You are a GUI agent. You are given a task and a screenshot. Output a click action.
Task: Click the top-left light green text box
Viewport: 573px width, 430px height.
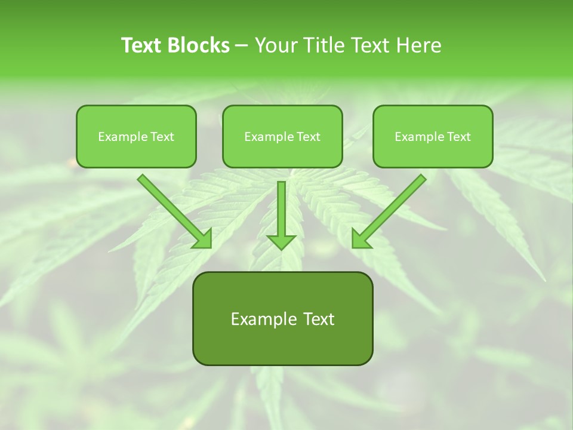click(136, 152)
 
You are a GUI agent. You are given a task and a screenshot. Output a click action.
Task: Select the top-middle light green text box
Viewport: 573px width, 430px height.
click(282, 152)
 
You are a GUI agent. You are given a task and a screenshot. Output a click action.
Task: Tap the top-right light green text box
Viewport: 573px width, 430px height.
click(433, 152)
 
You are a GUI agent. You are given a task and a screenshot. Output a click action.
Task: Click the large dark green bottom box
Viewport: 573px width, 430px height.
click(282, 343)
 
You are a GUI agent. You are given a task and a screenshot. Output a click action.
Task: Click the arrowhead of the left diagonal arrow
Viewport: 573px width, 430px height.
click(202, 238)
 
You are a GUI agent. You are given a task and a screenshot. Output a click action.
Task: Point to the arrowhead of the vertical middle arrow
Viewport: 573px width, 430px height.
click(281, 241)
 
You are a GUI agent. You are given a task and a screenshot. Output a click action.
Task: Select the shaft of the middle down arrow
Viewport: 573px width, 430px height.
click(281, 206)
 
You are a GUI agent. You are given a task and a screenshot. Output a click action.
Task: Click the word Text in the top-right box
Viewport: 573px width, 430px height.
click(458, 137)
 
